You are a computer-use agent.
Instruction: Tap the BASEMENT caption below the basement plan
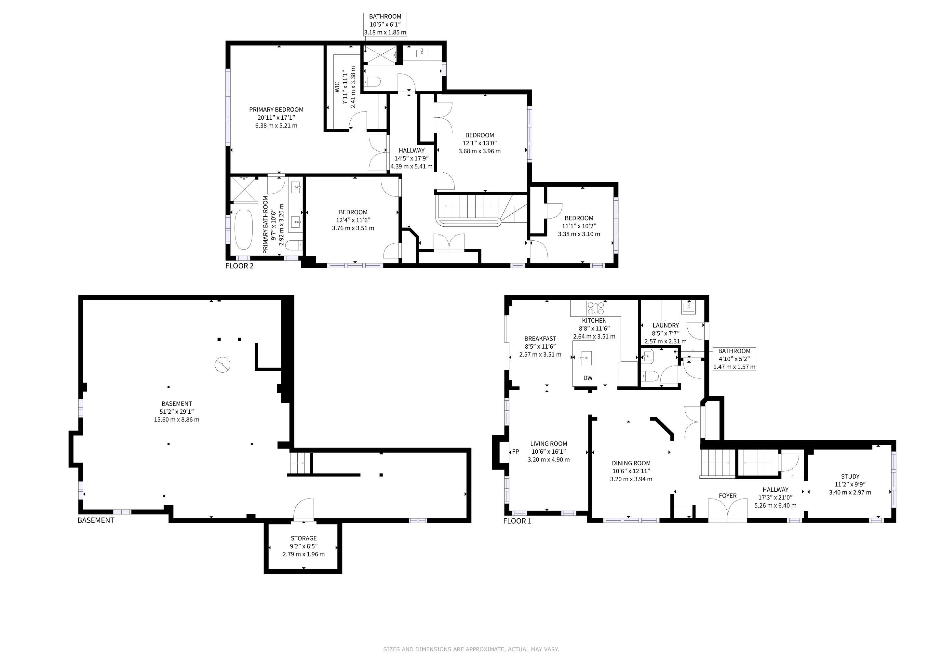(x=96, y=520)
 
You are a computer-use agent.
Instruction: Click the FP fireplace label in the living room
(x=515, y=451)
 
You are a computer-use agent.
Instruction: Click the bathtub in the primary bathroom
(x=243, y=230)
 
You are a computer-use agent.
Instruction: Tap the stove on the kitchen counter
(x=596, y=308)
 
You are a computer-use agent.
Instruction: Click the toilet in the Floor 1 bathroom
(x=650, y=376)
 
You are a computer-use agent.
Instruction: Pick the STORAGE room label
(x=303, y=538)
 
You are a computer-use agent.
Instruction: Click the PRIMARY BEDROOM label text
(x=276, y=110)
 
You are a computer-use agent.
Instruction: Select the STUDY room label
(x=850, y=476)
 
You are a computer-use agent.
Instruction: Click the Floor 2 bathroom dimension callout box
(x=385, y=24)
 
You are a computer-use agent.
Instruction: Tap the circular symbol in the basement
(x=222, y=365)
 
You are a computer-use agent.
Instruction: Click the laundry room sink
(x=689, y=307)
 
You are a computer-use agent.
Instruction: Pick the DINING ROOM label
(x=631, y=463)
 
